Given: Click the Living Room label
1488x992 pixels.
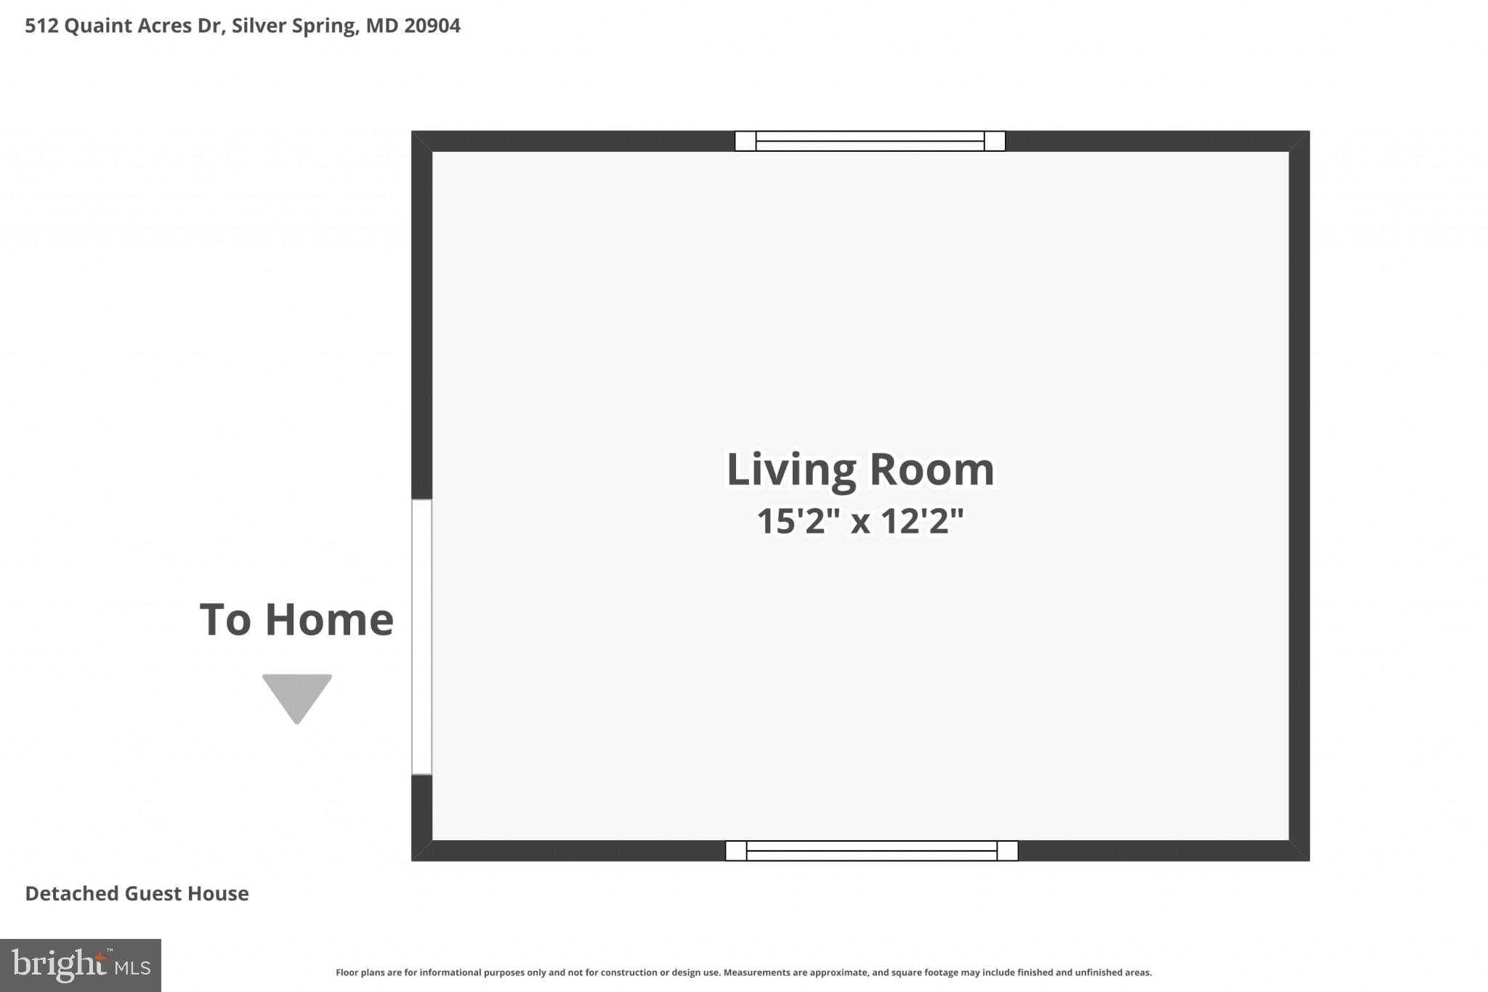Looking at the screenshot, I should (860, 469).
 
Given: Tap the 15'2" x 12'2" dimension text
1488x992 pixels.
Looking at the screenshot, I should (860, 521).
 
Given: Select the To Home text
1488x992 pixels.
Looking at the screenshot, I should (296, 620).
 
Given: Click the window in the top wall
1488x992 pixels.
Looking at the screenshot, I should (870, 141).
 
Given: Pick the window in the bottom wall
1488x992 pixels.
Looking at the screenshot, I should (871, 850).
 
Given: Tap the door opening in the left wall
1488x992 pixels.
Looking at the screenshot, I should (421, 637).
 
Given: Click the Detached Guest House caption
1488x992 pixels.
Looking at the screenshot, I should (137, 893).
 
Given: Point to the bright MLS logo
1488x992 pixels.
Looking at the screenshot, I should (81, 965).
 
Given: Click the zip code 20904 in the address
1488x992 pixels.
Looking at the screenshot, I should (432, 26).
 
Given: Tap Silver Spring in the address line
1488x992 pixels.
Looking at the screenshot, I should (294, 26).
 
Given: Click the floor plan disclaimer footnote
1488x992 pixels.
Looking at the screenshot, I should (743, 972).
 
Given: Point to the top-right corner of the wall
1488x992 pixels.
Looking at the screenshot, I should (1299, 141).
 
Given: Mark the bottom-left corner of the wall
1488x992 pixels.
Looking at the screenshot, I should (421, 851).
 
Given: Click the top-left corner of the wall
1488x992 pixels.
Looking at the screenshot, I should (421, 141).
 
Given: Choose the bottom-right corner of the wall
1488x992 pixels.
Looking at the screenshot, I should (1299, 851).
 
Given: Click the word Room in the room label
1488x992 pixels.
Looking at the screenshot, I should (931, 469).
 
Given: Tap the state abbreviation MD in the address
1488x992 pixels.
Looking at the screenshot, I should (382, 26).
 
